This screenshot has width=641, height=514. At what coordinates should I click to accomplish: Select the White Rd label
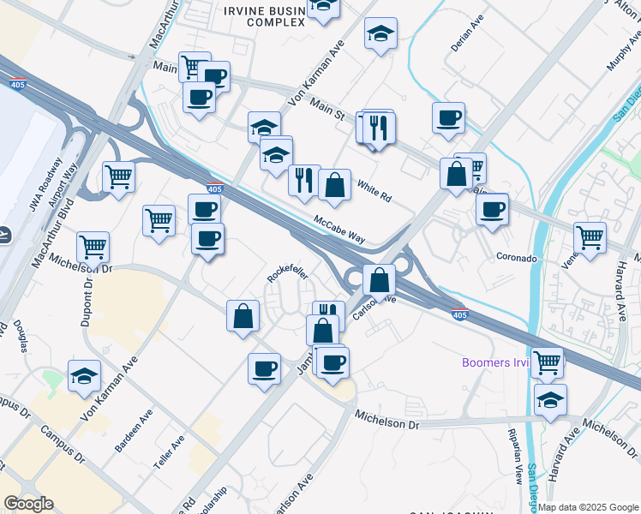tap(374, 191)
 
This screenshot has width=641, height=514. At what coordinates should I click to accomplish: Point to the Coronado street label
tap(516, 257)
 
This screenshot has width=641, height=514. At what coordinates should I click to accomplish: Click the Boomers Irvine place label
tap(495, 362)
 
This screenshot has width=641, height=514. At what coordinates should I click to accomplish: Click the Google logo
tap(28, 504)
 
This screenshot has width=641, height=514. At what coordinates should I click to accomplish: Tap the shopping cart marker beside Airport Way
tap(119, 176)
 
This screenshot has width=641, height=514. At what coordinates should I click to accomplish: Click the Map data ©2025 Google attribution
tap(588, 507)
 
